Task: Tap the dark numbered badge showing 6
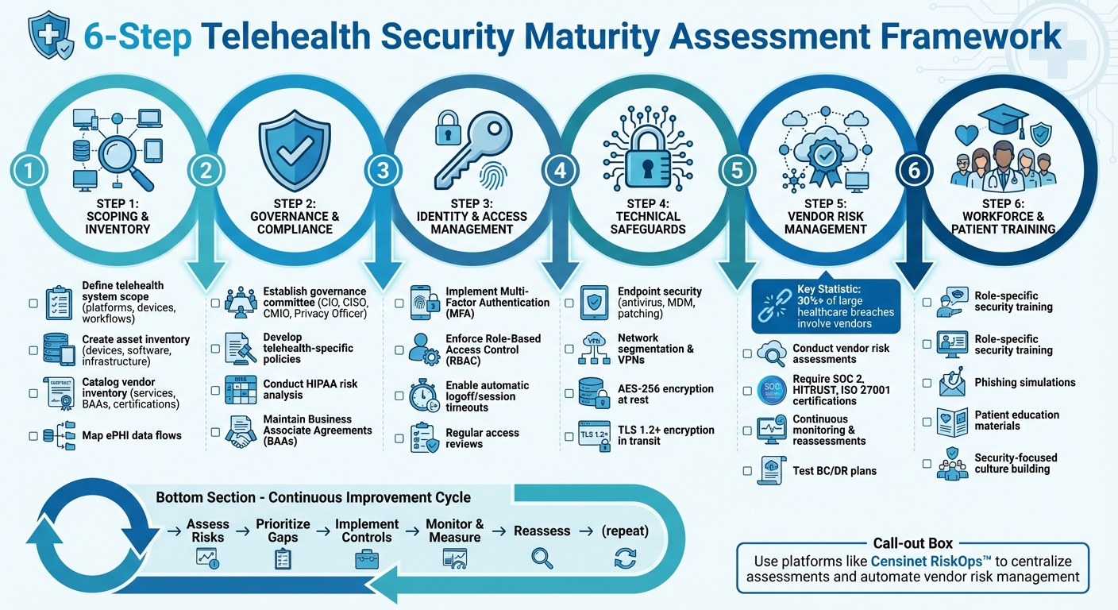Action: [912, 169]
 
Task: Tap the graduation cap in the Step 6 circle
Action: [1002, 122]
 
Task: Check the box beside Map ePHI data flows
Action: [33, 435]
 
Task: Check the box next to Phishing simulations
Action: [927, 383]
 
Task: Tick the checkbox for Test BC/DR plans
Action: [747, 471]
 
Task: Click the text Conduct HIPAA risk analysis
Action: [310, 389]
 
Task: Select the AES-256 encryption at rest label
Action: [665, 395]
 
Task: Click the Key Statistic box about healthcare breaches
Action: [826, 306]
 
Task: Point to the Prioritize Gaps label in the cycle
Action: [283, 531]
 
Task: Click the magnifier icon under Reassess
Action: [542, 558]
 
